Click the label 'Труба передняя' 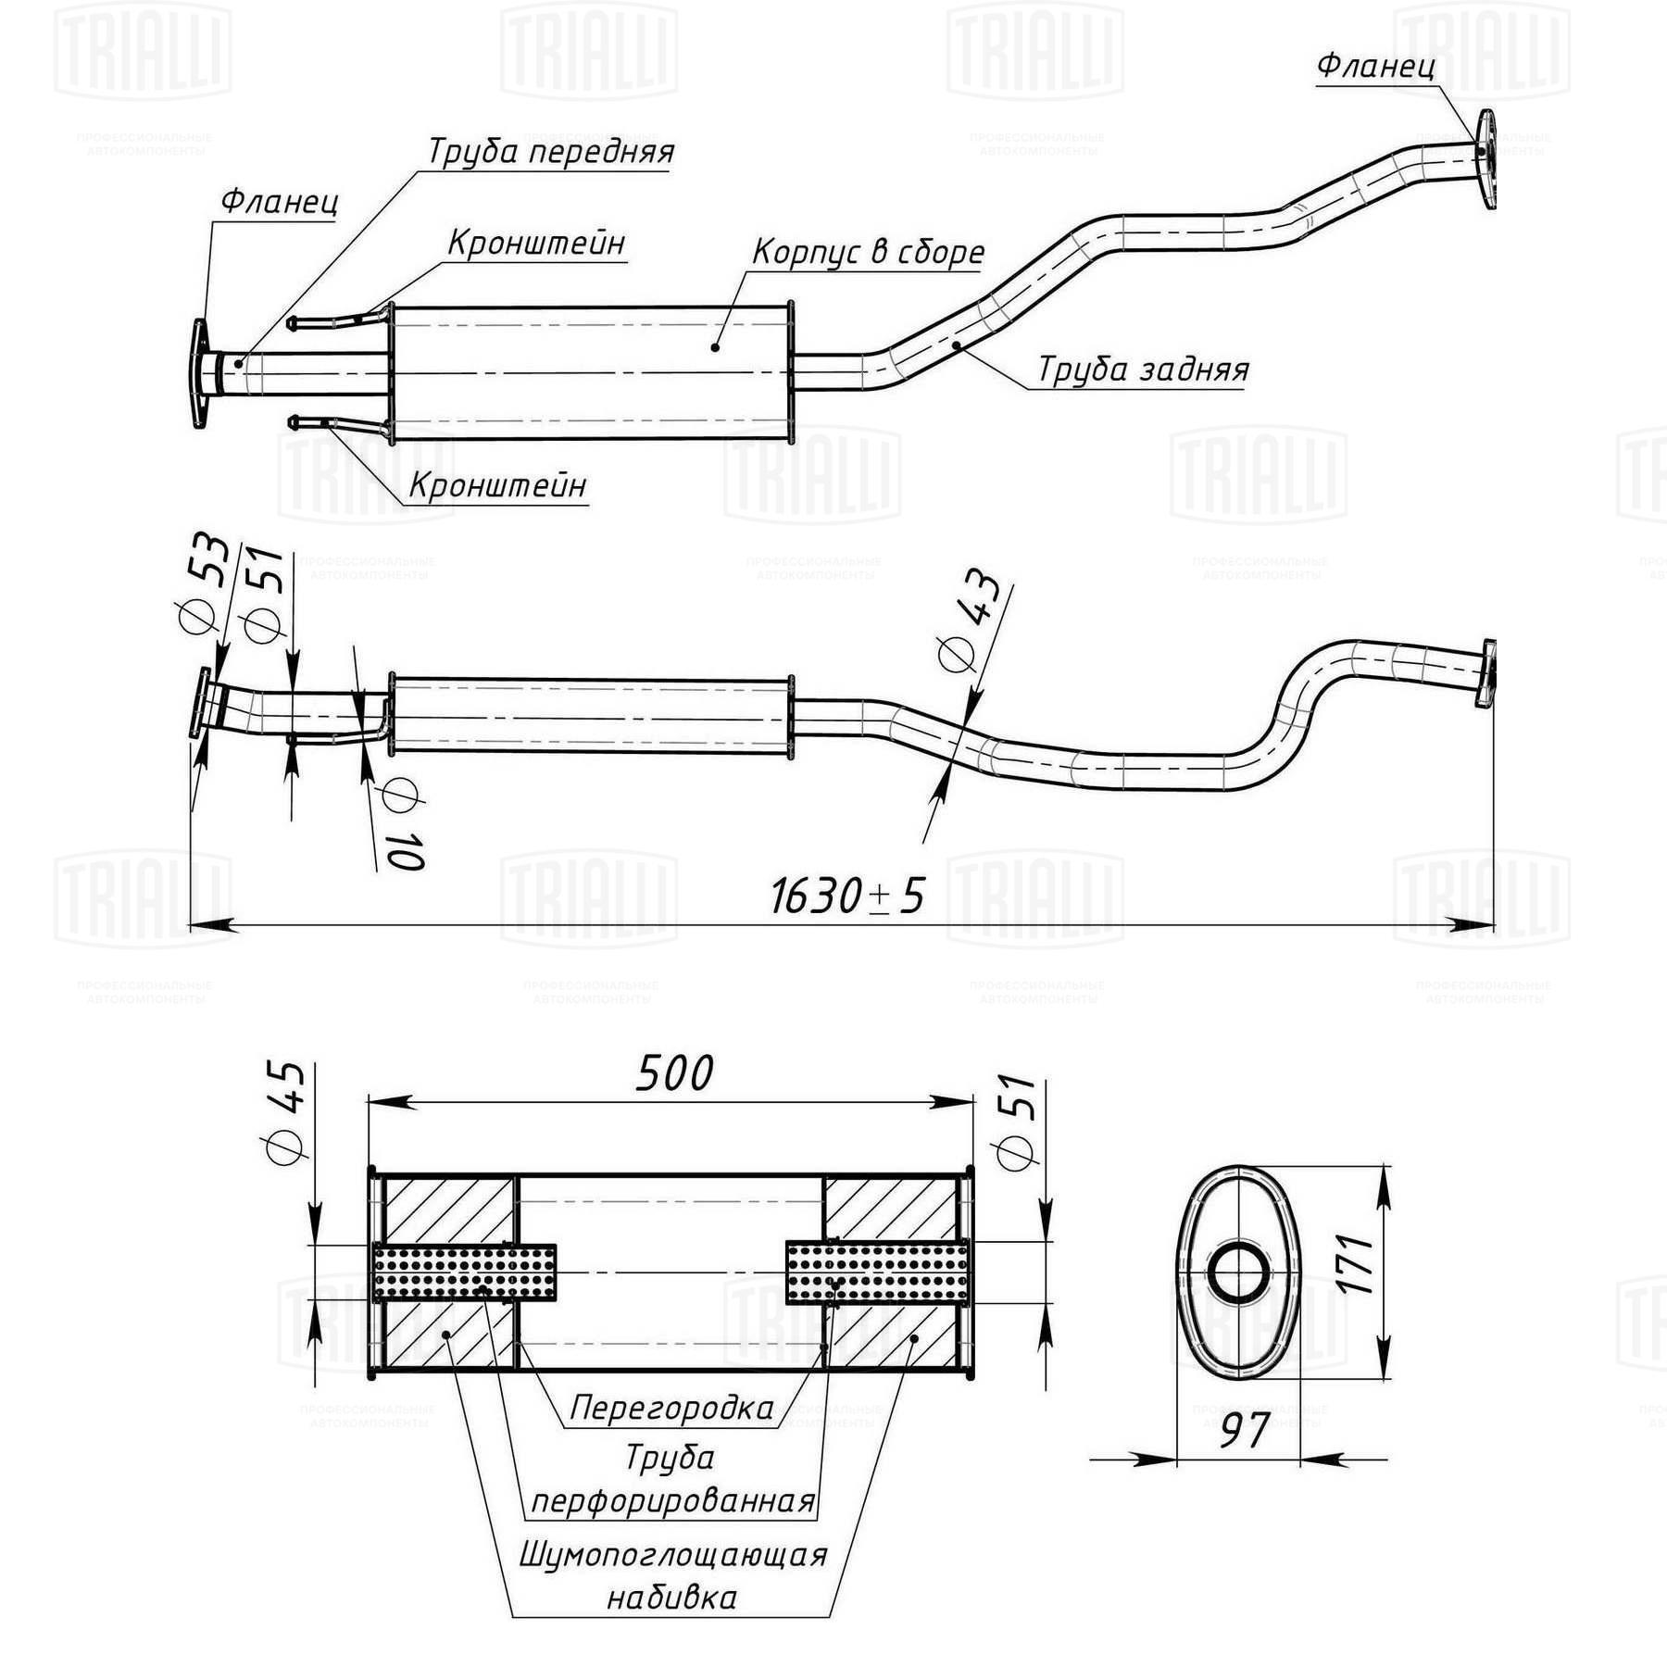pyautogui.click(x=550, y=151)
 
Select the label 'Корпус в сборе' pyautogui.click(x=867, y=252)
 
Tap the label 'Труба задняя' pyautogui.click(x=1142, y=370)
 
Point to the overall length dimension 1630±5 pyautogui.click(x=846, y=896)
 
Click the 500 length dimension pyautogui.click(x=673, y=1074)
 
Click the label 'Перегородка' pyautogui.click(x=671, y=1408)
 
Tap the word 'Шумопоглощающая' pyautogui.click(x=672, y=1554)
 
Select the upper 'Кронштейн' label pyautogui.click(x=536, y=243)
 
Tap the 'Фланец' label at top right pyautogui.click(x=1376, y=66)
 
